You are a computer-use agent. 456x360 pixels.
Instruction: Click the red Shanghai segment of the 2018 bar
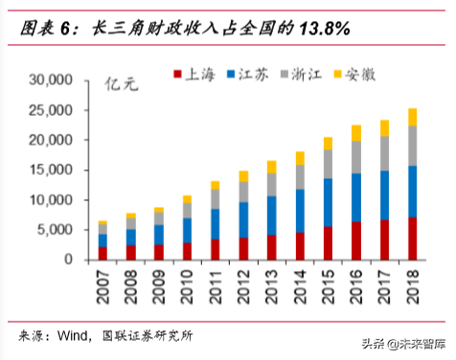(x=412, y=238)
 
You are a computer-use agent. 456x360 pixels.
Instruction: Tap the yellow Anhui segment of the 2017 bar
(x=384, y=127)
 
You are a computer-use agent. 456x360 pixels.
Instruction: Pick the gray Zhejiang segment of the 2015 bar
(x=328, y=164)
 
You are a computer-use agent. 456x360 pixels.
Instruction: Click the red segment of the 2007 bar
(x=103, y=253)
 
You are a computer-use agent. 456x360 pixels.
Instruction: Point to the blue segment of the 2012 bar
(x=243, y=219)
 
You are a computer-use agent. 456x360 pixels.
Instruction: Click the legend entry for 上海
(x=197, y=73)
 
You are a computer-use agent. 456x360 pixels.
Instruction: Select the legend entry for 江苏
(x=252, y=73)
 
